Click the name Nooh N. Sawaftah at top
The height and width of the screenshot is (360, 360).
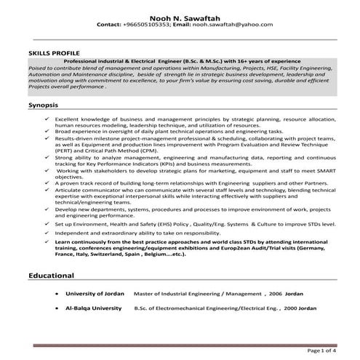click(179, 14)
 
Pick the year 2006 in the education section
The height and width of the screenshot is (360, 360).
click(257, 294)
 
